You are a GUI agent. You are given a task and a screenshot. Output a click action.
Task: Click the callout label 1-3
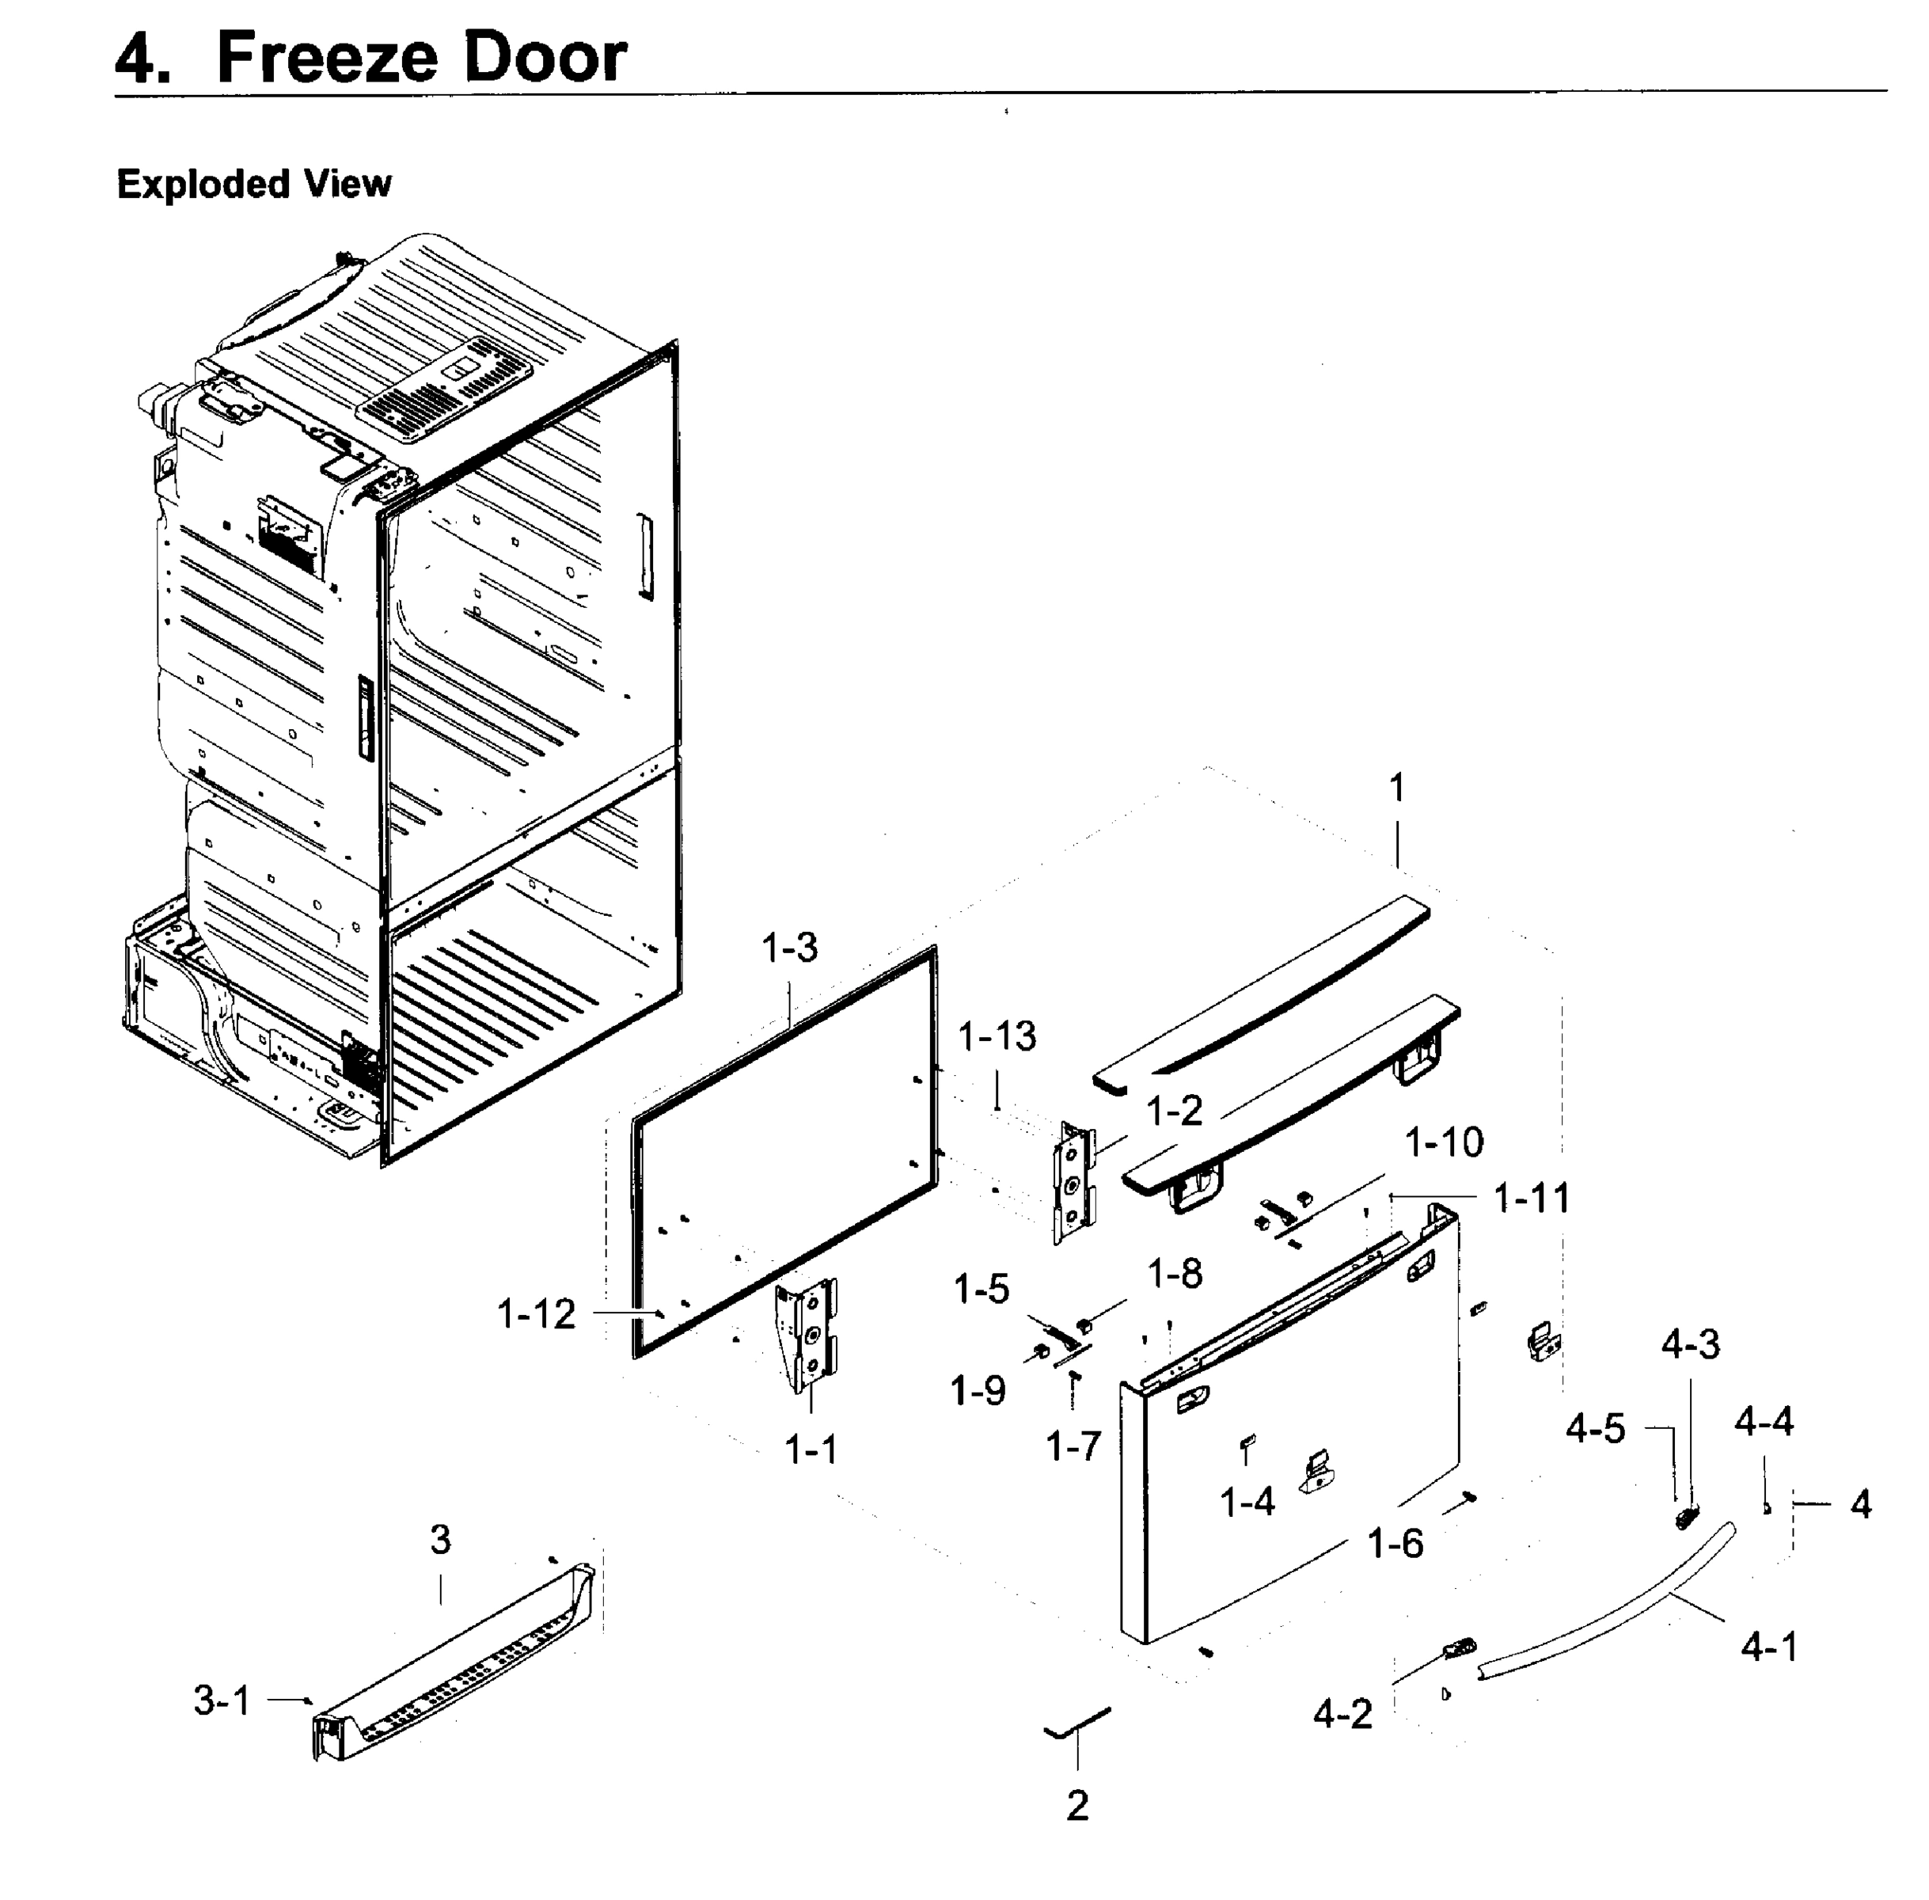[789, 947]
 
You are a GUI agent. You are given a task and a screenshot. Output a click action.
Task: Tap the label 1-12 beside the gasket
[536, 1314]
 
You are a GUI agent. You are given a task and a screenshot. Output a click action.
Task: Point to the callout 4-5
[1595, 1429]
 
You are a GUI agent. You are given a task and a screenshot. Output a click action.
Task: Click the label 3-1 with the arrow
[222, 1700]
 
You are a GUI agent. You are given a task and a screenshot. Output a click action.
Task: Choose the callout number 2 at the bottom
[1077, 1804]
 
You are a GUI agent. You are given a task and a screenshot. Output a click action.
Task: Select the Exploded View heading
[254, 184]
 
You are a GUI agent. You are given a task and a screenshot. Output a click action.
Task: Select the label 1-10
[1443, 1142]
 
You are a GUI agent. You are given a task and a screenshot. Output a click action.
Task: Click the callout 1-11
[1531, 1198]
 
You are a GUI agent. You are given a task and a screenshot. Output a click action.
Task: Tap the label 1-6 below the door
[1394, 1544]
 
